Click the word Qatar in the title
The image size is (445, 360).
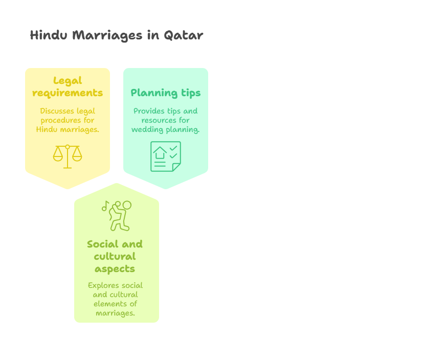pos(183,36)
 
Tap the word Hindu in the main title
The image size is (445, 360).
pos(49,35)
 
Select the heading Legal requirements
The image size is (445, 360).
pos(68,87)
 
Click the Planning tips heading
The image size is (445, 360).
pos(165,93)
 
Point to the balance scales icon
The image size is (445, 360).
pos(68,156)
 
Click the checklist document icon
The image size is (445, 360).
pos(166,156)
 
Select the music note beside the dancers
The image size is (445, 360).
pos(105,206)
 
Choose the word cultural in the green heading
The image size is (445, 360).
pos(115,257)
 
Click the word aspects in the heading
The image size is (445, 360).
pos(115,269)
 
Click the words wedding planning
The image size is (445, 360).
pos(165,130)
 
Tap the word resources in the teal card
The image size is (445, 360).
pos(159,121)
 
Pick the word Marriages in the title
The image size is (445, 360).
pos(107,36)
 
